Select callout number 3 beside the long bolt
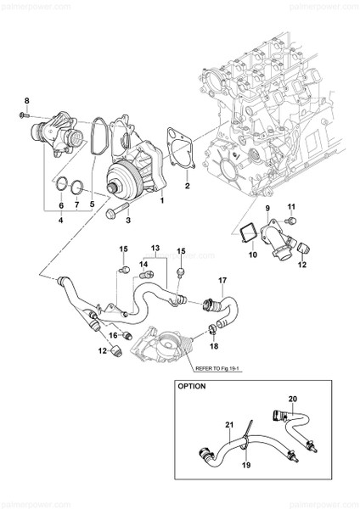[x=127, y=221]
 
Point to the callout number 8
[x=26, y=102]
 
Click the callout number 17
[x=222, y=280]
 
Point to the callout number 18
[x=214, y=348]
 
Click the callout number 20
[x=293, y=398]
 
